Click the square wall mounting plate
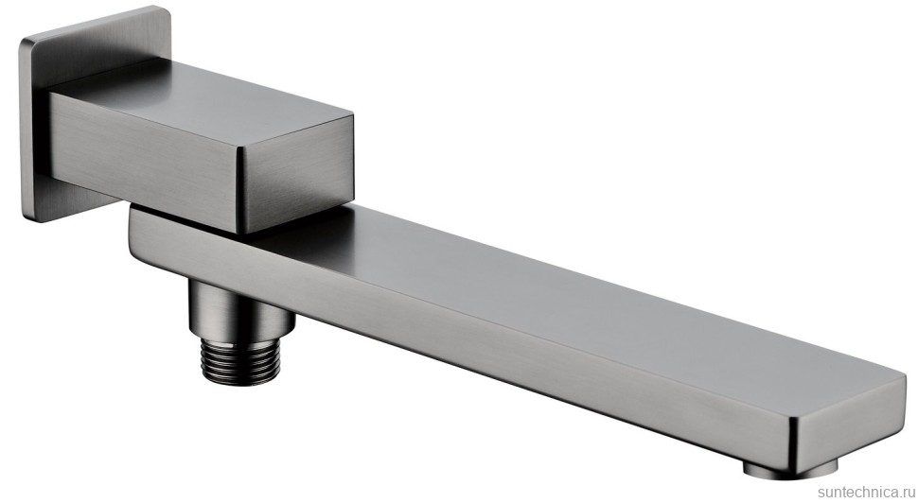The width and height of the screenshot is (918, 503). pyautogui.click(x=35, y=117)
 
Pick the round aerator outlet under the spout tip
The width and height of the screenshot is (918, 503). pyautogui.click(x=790, y=468)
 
